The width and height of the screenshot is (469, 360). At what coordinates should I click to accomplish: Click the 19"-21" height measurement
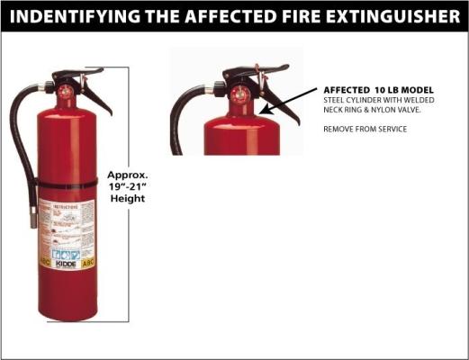pos(126,185)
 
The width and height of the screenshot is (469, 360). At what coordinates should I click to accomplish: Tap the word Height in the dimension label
pos(126,198)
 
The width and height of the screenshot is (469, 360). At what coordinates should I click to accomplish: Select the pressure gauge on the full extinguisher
pos(66,91)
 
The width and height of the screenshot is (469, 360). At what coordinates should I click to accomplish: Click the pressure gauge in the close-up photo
pos(240,94)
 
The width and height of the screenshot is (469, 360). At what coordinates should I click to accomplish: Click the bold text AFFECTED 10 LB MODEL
pos(378,91)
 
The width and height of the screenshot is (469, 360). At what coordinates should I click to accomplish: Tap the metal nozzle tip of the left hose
pos(32,217)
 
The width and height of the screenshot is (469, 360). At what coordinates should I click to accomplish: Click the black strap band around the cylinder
pos(67,184)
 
